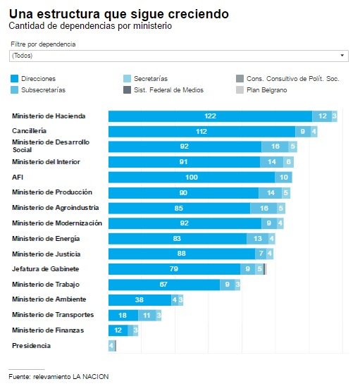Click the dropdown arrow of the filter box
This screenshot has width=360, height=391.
[342, 56]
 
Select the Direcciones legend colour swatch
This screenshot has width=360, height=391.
[15, 78]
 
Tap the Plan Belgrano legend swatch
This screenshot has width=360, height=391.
[240, 90]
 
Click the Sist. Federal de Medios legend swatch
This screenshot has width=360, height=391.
[127, 90]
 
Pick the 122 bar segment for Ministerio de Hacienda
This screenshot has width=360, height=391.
[210, 116]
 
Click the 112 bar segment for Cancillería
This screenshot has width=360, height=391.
[202, 132]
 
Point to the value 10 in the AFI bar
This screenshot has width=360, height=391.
[283, 178]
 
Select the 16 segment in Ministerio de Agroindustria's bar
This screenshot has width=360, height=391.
[263, 209]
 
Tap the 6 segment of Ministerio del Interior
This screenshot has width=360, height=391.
[288, 162]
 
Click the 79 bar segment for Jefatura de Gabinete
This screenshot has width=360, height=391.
[174, 269]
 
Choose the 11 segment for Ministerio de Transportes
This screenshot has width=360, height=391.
[147, 316]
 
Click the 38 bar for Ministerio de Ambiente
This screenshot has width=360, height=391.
[140, 300]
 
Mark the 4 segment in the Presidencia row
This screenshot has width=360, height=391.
[111, 346]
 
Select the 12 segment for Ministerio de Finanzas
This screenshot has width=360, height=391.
[118, 330]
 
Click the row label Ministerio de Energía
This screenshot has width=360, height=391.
[46, 239]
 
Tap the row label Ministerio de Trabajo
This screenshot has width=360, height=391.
[46, 285]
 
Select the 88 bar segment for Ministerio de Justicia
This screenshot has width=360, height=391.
[182, 254]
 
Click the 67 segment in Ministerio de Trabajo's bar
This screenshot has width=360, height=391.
[164, 285]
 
